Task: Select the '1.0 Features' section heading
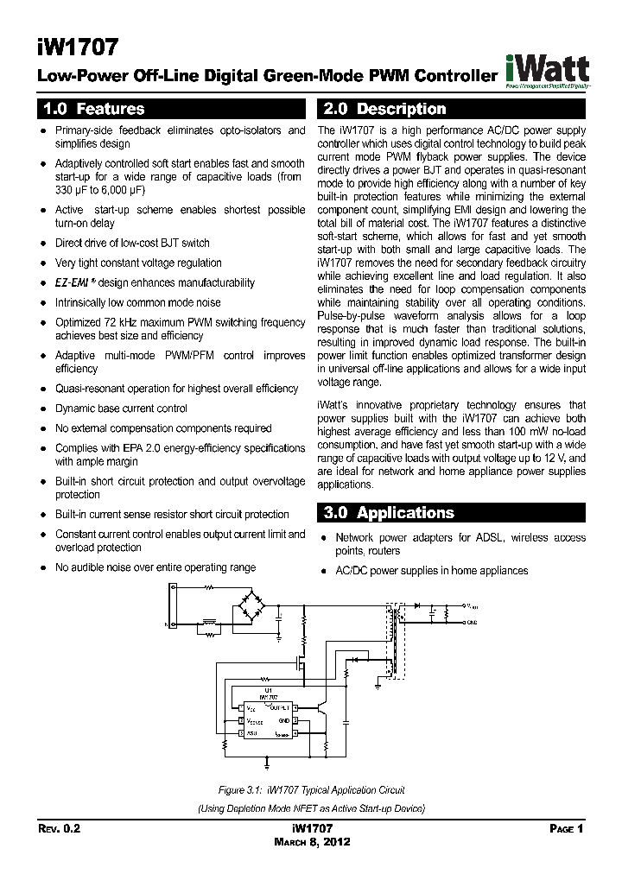click(93, 110)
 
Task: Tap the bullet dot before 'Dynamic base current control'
click(43, 408)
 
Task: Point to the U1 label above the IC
click(267, 690)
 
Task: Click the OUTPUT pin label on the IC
click(280, 706)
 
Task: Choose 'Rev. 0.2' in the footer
click(60, 828)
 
